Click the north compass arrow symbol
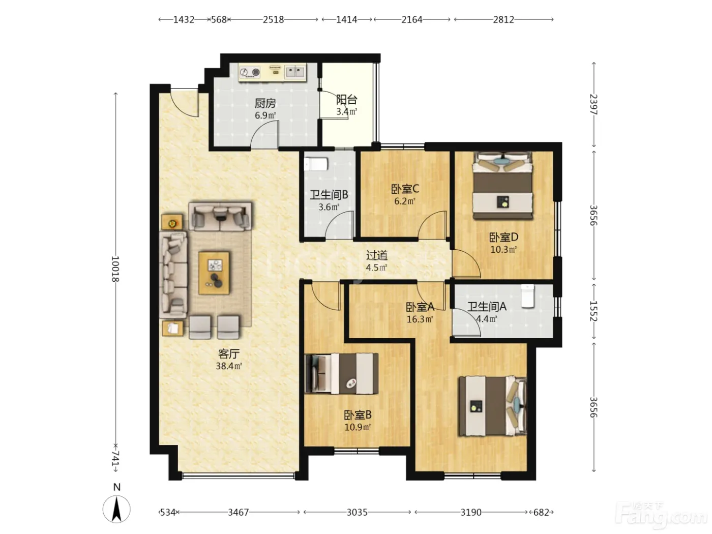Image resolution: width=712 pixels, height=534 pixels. tap(116, 510)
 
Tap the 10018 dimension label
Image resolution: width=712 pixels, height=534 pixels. tap(115, 269)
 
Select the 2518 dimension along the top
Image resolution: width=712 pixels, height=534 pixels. tap(273, 20)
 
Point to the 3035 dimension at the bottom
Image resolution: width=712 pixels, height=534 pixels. tap(357, 512)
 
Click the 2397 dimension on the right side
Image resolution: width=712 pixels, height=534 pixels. tap(594, 104)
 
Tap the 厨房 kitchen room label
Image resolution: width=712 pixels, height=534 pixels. tap(265, 103)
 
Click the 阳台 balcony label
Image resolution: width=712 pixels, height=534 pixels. tap(346, 100)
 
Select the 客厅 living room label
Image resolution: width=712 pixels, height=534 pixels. tap(229, 354)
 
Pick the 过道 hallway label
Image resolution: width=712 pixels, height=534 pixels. tap(377, 255)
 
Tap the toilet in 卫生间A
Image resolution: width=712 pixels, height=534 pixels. tap(528, 296)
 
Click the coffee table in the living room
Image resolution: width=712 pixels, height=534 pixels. tap(214, 273)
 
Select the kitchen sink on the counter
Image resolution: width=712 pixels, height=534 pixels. tap(295, 72)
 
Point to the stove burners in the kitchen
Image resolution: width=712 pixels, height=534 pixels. tap(250, 72)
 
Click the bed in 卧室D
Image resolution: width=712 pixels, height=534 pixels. tap(502, 186)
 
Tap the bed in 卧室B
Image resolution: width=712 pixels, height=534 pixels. tap(342, 373)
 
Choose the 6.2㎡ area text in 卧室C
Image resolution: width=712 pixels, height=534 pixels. tap(404, 201)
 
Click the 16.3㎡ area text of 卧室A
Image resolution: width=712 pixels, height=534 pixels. tap(420, 319)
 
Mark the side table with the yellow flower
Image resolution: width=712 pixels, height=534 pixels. tap(172, 222)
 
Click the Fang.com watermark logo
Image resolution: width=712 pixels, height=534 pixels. tap(661, 516)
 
